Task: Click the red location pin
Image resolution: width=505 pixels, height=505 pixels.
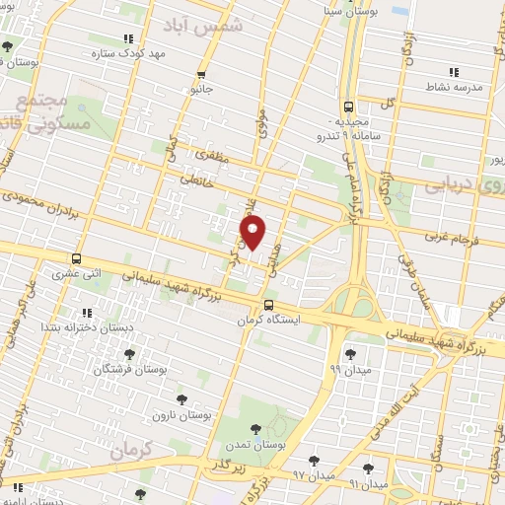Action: (x=253, y=233)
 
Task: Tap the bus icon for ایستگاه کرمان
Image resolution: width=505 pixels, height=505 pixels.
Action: (x=269, y=305)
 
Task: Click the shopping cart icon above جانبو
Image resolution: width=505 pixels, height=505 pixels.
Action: (x=202, y=74)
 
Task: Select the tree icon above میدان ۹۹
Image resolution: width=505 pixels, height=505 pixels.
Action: (x=349, y=352)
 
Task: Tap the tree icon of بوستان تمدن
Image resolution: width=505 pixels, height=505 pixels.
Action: (x=256, y=429)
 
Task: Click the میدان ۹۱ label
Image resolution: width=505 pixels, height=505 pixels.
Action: (x=368, y=485)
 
